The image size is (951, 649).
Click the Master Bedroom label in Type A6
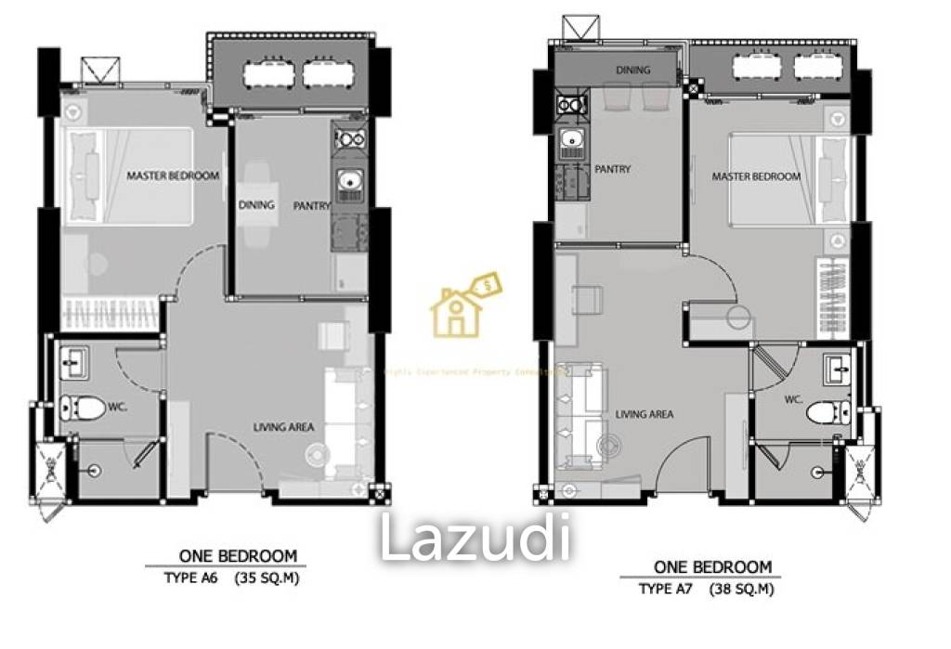(x=173, y=175)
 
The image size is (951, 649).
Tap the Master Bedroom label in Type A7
(x=756, y=176)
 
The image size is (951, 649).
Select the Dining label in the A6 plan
(x=256, y=205)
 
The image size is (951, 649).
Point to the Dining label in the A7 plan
(x=633, y=70)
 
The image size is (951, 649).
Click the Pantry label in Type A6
(x=312, y=206)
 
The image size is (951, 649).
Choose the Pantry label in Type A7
(x=612, y=169)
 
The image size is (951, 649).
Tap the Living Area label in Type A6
(x=284, y=427)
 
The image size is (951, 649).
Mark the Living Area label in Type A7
(x=644, y=414)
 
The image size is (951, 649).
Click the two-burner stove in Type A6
(x=350, y=140)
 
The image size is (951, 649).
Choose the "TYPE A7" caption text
(x=665, y=589)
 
